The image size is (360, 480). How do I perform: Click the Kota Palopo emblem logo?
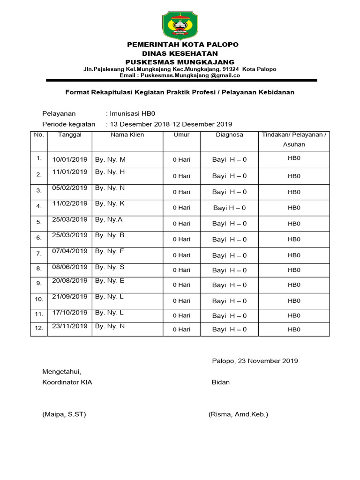click(180, 26)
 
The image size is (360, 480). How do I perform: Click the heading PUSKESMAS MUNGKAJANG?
click(180, 62)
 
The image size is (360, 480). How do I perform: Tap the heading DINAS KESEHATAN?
click(180, 53)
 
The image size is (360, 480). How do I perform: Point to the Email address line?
click(180, 75)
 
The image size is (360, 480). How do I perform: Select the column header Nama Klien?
click(127, 135)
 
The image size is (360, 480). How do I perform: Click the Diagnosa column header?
click(229, 135)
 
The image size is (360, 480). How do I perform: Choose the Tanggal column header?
click(70, 135)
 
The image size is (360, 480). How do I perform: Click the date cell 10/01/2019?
click(70, 159)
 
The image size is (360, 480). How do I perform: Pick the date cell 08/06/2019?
click(70, 267)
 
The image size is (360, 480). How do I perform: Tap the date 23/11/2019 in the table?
click(70, 326)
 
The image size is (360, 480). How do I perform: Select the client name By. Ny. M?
click(110, 159)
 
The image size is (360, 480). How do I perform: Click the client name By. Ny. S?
click(110, 267)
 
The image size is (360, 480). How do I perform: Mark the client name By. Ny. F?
click(110, 251)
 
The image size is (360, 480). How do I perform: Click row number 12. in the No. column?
click(39, 329)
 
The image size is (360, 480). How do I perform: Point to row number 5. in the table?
click(39, 222)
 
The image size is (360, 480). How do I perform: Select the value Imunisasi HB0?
click(132, 113)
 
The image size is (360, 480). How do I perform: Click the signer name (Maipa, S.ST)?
click(64, 414)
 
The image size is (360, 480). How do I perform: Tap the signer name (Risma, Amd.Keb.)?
click(238, 414)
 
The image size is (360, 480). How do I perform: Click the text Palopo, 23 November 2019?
click(255, 361)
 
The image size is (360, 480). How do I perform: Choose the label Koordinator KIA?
click(67, 382)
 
